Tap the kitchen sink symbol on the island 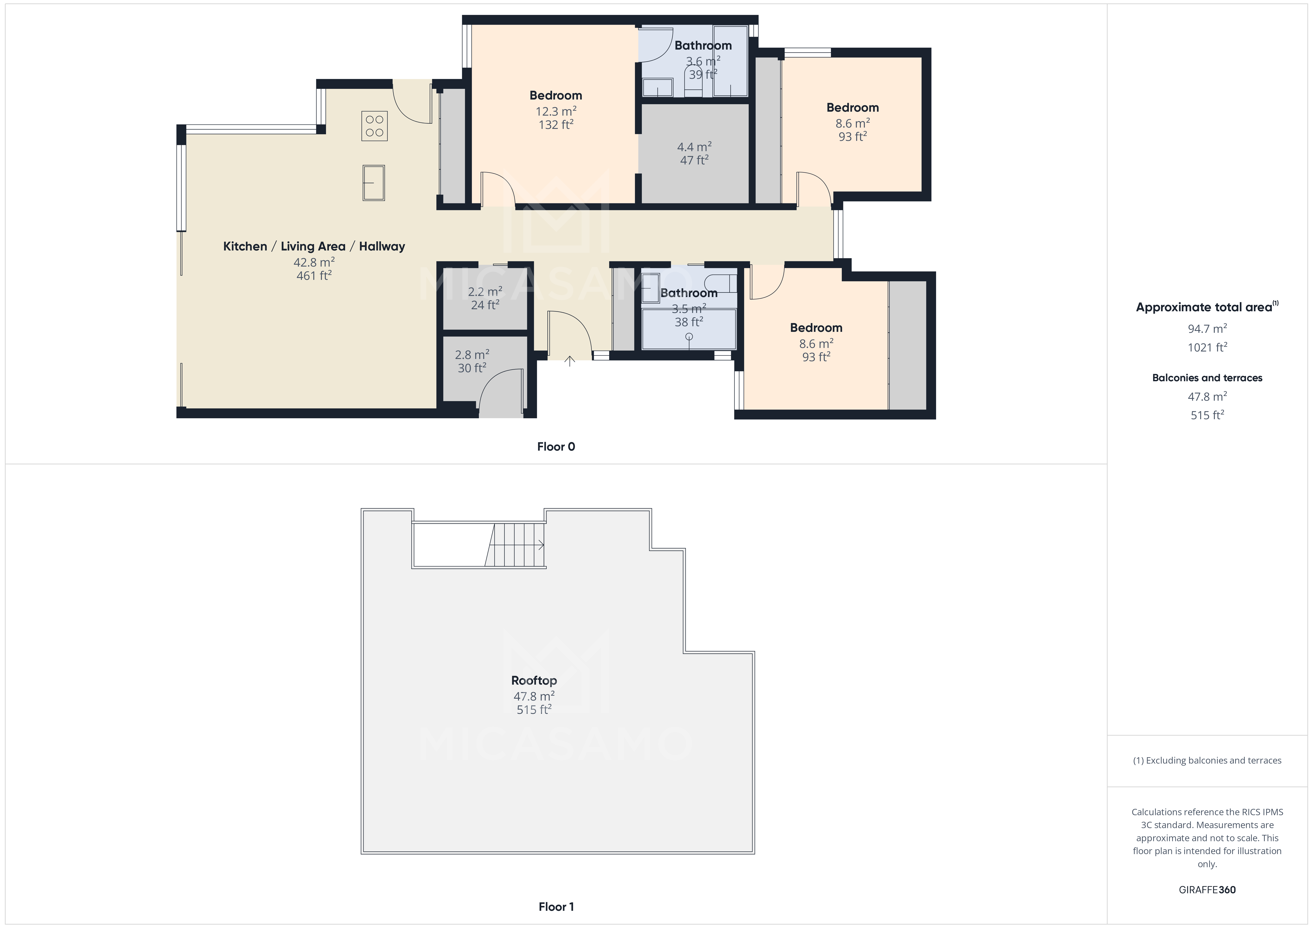coord(373,183)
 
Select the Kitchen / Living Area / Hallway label coord(314,246)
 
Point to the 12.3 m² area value coord(555,111)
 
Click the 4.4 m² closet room coord(694,153)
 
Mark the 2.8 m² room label coord(472,355)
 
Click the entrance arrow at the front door coord(570,361)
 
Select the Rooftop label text coord(534,680)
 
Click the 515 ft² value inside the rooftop coord(534,710)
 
